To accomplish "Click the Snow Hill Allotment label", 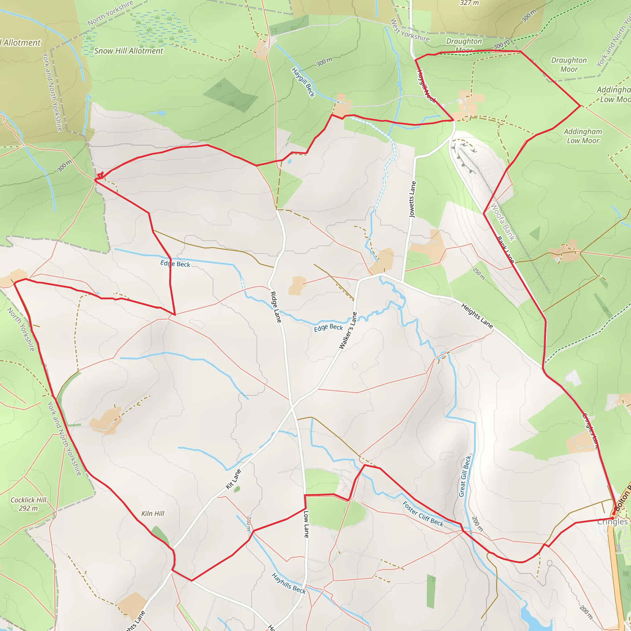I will point(129,51).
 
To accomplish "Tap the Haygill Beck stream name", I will point(303,82).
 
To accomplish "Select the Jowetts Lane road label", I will point(413,199).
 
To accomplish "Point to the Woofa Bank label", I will point(503,222).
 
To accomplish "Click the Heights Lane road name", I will point(477,315).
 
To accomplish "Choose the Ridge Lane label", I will point(276,307).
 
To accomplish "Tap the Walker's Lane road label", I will point(348,331).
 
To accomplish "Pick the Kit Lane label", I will point(234,479).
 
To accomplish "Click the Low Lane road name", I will point(306,524).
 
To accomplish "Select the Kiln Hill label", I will point(153,514).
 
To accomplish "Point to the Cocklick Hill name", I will point(28,500).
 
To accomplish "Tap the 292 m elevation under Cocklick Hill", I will point(28,508).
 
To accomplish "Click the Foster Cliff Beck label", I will point(423,514).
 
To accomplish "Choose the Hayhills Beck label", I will point(289,584).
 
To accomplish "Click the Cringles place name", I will point(613,522).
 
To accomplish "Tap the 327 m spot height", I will point(469,3).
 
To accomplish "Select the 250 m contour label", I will point(479,274).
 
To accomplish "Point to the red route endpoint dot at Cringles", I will point(613,514).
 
